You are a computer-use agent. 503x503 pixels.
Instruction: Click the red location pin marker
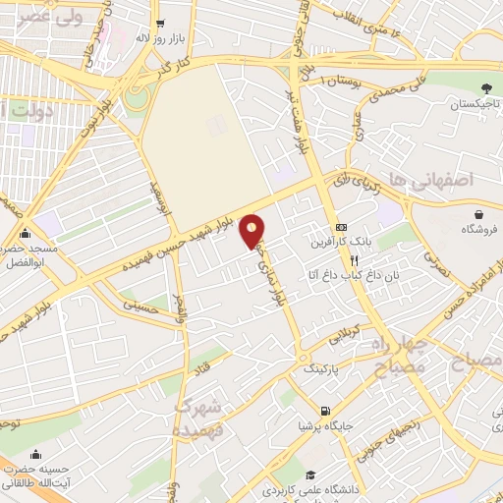click(x=253, y=231)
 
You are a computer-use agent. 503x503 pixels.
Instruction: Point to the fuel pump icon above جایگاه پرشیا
click(x=325, y=411)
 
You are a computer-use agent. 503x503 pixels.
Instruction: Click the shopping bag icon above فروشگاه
click(x=478, y=213)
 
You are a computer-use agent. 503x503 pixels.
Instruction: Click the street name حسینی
click(x=140, y=306)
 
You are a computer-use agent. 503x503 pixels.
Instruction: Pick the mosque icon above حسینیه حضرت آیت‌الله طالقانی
click(x=36, y=455)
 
